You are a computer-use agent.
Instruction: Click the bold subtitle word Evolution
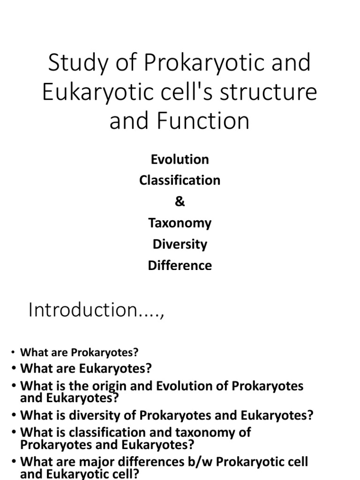pos(180,159)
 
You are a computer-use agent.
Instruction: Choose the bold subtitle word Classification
pos(180,180)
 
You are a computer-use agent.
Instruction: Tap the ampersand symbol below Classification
pos(180,202)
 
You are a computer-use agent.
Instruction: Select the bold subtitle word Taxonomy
pos(180,223)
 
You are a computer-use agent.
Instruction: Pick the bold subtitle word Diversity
pos(180,244)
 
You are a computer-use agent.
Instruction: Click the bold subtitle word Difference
pos(180,265)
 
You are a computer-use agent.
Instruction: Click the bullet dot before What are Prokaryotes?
pos(14,352)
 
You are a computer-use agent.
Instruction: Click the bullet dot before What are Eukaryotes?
pos(14,368)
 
